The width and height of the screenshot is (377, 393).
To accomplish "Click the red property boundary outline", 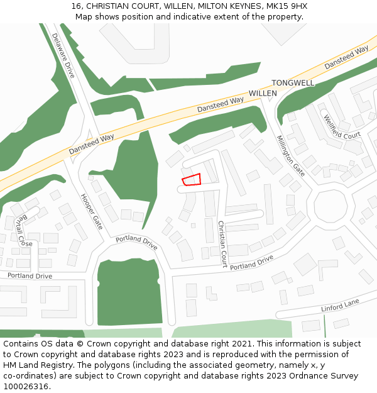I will coord(192,179).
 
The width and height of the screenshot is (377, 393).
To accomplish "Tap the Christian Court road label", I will coord(221,244).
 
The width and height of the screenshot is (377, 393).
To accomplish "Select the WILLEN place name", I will coord(263,93).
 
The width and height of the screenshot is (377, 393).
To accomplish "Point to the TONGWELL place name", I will coord(293,83).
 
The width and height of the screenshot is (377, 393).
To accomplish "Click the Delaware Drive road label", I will coord(63,55).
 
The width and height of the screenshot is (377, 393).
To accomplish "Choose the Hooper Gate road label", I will coord(92,211).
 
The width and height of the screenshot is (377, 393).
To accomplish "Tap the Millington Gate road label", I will coord(290,156).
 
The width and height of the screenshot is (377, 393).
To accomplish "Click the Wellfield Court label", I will coord(342,127).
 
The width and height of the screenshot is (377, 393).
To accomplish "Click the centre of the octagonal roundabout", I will coord(331,205).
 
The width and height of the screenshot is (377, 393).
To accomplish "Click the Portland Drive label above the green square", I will coord(136,242).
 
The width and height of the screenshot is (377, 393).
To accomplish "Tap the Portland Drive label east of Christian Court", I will coord(251,262).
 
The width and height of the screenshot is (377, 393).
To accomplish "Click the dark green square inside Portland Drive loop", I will coord(129,292).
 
